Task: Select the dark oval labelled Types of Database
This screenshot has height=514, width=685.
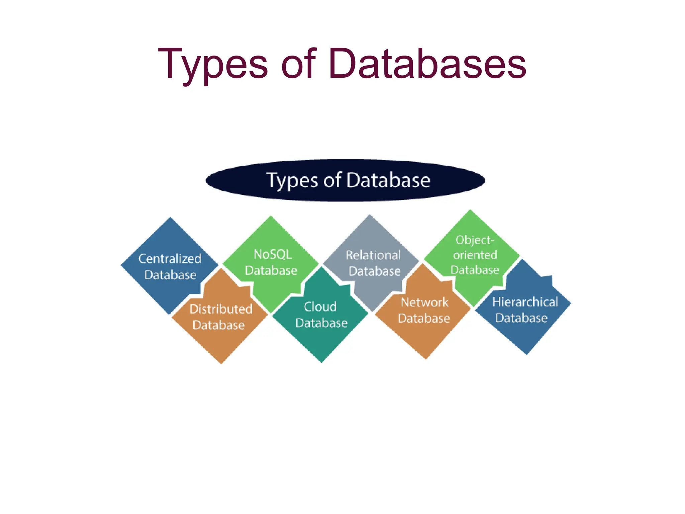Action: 345,181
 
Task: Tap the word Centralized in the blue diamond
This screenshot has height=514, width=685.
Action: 170,259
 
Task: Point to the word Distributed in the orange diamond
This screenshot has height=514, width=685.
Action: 221,309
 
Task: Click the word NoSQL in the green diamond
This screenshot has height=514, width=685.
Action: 273,254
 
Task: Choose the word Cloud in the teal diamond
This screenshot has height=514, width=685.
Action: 320,307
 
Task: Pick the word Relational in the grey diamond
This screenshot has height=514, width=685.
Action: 373,255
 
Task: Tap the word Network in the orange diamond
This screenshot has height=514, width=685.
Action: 424,302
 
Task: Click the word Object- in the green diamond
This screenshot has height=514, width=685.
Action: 475,240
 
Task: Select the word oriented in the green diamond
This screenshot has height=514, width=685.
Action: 475,255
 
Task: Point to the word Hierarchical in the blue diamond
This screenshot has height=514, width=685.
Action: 525,302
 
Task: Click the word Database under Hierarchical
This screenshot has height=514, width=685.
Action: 521,318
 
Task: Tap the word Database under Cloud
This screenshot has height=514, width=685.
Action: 321,323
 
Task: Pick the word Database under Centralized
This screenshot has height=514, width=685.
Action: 170,275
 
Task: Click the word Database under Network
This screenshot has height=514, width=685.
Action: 424,318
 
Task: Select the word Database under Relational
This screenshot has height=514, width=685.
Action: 375,271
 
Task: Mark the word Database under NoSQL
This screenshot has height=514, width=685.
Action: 271,270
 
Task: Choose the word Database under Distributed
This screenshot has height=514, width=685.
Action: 219,325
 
